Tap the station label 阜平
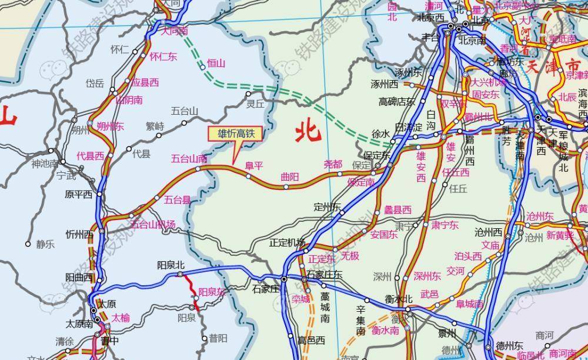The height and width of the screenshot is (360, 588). pyautogui.click(x=255, y=165)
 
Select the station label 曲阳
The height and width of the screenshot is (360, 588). pyautogui.click(x=290, y=176)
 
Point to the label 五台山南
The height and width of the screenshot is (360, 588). pyautogui.click(x=189, y=158)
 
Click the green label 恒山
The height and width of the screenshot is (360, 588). pyautogui.click(x=216, y=63)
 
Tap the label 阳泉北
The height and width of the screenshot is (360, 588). pyautogui.click(x=171, y=265)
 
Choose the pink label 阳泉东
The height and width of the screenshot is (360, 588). pyautogui.click(x=212, y=292)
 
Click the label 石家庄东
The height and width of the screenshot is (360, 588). pyautogui.click(x=324, y=275)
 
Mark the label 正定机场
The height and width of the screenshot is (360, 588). pyautogui.click(x=287, y=243)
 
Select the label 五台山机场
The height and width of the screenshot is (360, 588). pyautogui.click(x=153, y=224)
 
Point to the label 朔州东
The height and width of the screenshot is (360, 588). pyautogui.click(x=111, y=126)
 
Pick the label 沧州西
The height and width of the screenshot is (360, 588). pyautogui.click(x=489, y=232)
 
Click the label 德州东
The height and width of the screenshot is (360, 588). pyautogui.click(x=509, y=345)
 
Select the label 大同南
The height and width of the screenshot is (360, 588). pyautogui.click(x=175, y=31)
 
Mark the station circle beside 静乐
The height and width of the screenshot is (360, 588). pyautogui.click(x=28, y=244)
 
